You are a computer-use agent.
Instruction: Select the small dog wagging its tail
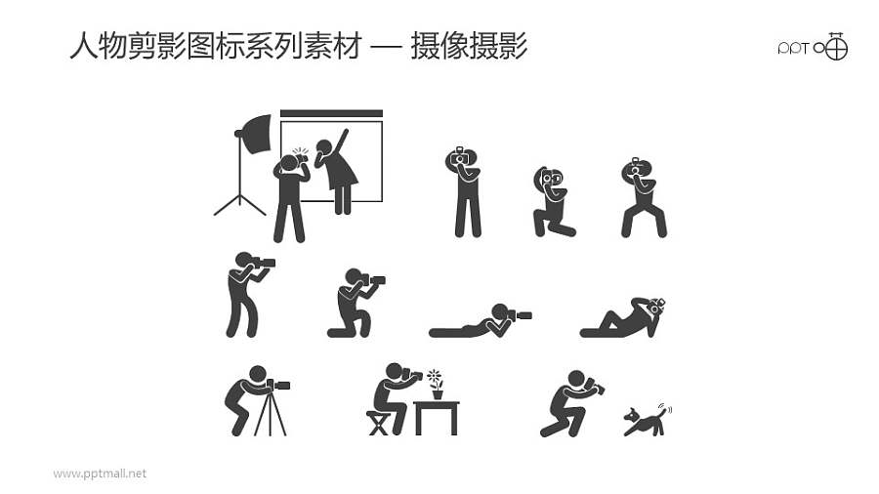[646, 420]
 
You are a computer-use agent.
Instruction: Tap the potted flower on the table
[435, 384]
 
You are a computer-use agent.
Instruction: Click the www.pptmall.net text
[100, 473]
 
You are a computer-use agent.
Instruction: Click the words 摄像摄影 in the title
[469, 46]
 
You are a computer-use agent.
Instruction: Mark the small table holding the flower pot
[437, 416]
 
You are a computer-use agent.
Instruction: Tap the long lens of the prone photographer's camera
[523, 315]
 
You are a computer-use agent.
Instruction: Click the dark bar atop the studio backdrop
[331, 113]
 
